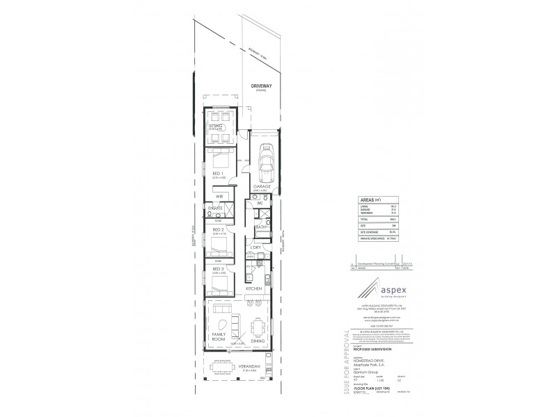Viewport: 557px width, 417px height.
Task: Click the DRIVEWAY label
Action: point(262,85)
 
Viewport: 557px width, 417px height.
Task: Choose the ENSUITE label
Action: point(215,208)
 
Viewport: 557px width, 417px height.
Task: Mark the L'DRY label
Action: point(256,247)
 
